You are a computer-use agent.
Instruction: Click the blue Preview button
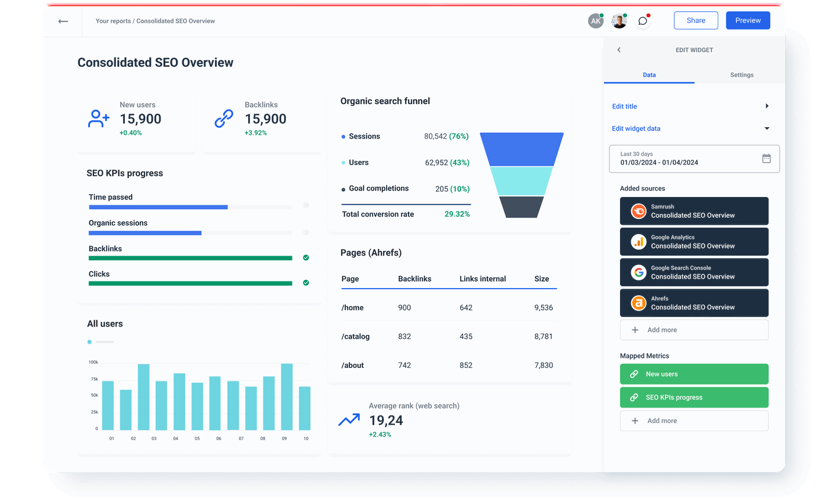(x=748, y=21)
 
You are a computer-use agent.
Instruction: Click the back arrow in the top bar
(x=63, y=21)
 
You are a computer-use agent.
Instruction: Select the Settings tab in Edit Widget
(x=741, y=75)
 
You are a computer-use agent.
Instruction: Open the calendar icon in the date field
(x=766, y=159)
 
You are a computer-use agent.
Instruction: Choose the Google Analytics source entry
(x=694, y=241)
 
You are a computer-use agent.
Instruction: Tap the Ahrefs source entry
(x=694, y=303)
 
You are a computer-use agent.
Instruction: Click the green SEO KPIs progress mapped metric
(x=694, y=398)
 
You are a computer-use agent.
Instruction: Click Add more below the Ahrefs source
(x=694, y=330)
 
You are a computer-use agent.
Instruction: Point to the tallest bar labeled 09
(x=287, y=396)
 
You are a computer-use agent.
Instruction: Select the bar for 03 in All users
(x=143, y=396)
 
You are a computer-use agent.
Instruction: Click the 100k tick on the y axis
(x=94, y=362)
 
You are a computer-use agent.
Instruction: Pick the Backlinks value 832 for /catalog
(x=404, y=337)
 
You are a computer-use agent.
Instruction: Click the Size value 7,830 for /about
(x=543, y=365)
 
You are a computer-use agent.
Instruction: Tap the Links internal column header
(x=483, y=279)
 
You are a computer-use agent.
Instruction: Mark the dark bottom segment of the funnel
(x=521, y=207)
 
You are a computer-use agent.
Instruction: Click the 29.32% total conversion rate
(x=457, y=214)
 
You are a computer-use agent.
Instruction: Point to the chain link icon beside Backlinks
(x=223, y=119)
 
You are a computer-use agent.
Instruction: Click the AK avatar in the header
(x=595, y=21)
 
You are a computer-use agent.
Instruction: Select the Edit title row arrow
(x=767, y=106)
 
